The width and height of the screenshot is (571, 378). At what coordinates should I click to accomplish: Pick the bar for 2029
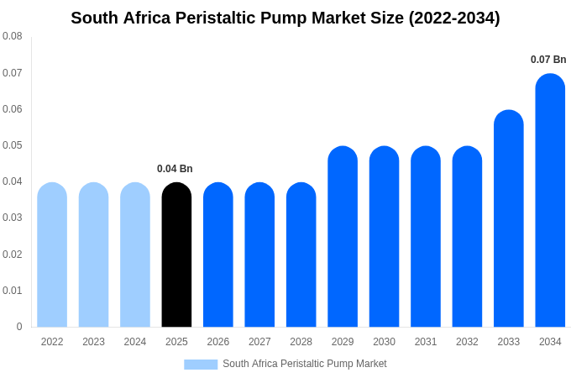[x=343, y=237]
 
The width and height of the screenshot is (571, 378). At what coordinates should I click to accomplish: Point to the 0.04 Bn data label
[x=175, y=169]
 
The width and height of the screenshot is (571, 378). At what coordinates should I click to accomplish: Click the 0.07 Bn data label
[x=548, y=60]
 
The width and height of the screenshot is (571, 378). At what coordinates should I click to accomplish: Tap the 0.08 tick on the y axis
[x=13, y=36]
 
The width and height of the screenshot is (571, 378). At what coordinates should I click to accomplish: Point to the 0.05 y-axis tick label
[x=13, y=145]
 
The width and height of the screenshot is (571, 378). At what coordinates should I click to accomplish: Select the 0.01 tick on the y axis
[x=13, y=291]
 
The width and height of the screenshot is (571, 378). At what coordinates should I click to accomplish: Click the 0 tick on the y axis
[x=19, y=327]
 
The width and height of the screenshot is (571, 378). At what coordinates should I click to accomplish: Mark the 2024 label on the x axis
[x=135, y=342]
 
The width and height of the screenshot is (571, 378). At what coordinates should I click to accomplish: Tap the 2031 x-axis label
[x=426, y=342]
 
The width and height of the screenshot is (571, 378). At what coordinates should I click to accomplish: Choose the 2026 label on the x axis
[x=218, y=342]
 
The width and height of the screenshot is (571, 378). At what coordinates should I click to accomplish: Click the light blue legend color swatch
[x=201, y=365]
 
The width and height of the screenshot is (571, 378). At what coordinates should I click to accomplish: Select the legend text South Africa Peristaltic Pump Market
[x=304, y=364]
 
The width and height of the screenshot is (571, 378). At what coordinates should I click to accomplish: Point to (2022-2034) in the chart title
[x=453, y=18]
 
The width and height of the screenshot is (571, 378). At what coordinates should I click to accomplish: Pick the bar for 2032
[x=467, y=237]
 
